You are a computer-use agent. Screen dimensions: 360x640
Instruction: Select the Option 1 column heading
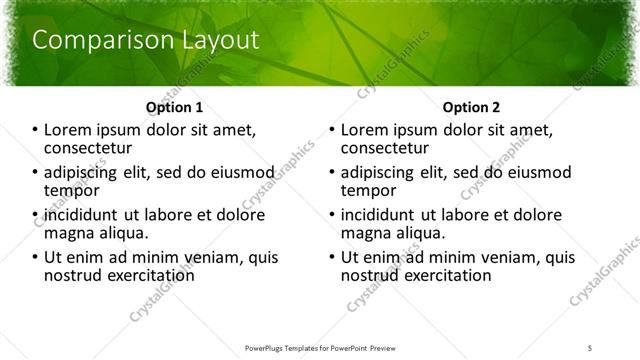[174, 107]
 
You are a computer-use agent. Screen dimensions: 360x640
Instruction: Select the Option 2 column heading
[472, 107]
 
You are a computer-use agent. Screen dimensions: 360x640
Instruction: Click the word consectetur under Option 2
[388, 149]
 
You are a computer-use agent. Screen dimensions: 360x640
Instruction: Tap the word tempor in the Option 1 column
[73, 191]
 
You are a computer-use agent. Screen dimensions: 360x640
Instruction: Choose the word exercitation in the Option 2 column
[443, 275]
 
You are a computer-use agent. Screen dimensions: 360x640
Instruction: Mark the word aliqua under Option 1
[124, 233]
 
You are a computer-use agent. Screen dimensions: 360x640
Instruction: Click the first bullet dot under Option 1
[37, 131]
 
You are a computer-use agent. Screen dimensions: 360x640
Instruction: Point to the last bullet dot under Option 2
[332, 257]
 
